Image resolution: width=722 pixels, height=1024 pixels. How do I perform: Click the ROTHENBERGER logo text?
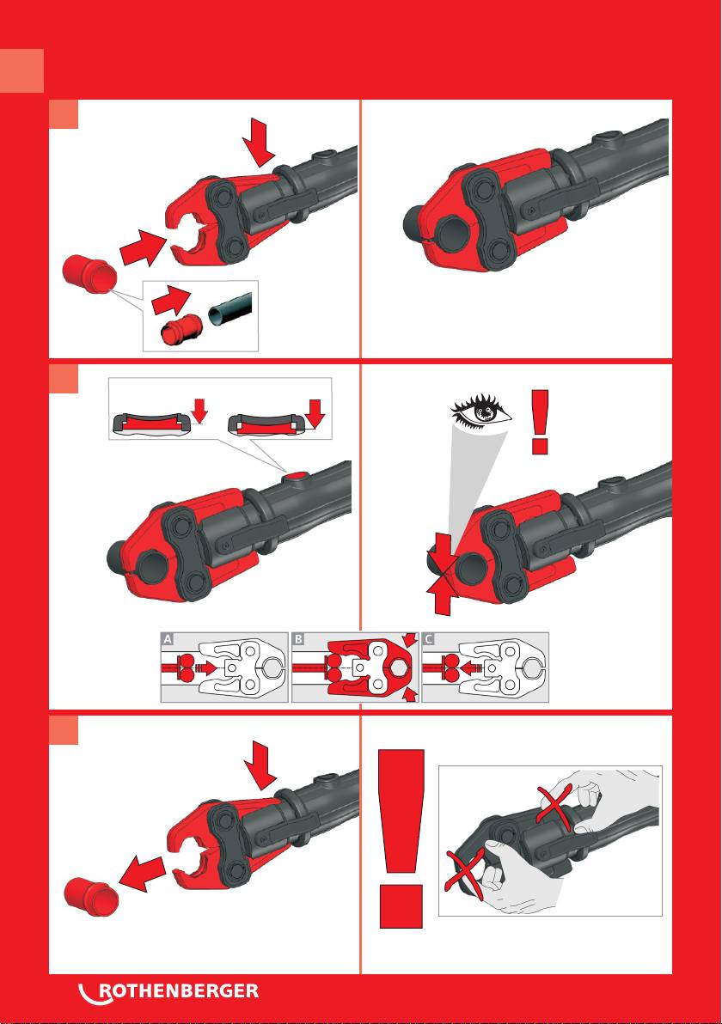tap(179, 990)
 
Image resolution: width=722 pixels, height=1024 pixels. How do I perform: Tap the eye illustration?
tap(481, 411)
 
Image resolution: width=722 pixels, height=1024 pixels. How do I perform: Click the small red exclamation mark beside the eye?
tap(540, 422)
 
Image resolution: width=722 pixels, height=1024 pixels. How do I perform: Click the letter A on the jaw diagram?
tap(168, 639)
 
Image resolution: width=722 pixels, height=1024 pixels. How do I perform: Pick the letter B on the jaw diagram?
tap(298, 639)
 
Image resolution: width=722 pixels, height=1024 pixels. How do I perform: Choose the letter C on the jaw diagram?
tap(429, 639)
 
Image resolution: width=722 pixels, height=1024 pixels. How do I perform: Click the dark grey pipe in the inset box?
tap(230, 308)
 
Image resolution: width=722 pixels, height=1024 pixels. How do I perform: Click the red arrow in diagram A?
tap(205, 667)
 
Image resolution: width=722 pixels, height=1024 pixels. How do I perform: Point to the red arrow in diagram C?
tap(470, 667)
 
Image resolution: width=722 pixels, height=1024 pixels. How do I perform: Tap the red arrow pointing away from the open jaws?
tap(143, 873)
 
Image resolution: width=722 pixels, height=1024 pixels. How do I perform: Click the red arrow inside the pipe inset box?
tap(170, 298)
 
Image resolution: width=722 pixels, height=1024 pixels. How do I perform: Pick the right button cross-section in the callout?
tap(266, 424)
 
